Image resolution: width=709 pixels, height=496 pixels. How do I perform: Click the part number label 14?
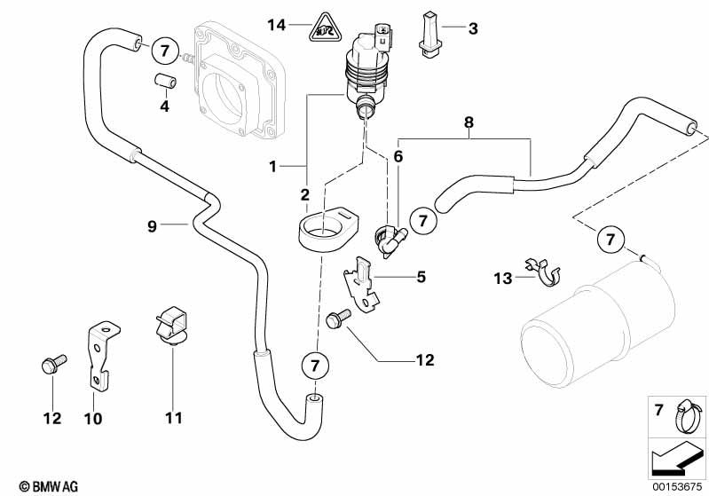pyautogui.click(x=278, y=25)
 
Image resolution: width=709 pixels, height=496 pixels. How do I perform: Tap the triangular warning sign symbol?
pyautogui.click(x=320, y=31)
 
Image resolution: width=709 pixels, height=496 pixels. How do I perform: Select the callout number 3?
pyautogui.click(x=473, y=29)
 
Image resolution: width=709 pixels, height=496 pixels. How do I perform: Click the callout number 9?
pyautogui.click(x=153, y=226)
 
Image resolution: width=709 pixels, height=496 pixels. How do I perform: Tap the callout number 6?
pyautogui.click(x=398, y=156)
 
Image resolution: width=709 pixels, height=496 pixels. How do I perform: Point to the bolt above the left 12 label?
pyautogui.click(x=50, y=365)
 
